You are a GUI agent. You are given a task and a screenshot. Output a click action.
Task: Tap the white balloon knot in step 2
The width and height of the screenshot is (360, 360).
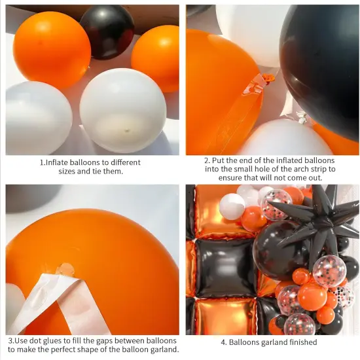[302, 118]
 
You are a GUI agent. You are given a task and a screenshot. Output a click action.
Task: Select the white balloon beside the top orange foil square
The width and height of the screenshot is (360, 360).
[232, 206]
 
